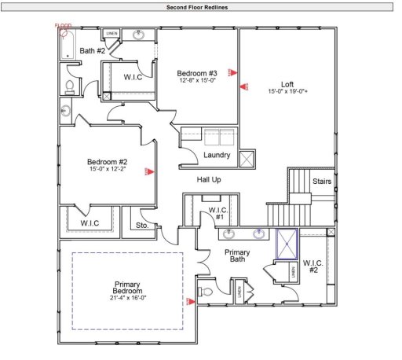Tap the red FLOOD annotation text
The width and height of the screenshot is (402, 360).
click(x=63, y=25)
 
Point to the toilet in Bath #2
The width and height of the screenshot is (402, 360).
click(x=69, y=86)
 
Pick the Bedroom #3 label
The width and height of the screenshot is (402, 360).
click(x=196, y=73)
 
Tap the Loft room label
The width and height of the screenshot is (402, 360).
click(x=288, y=83)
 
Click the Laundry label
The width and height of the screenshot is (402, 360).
click(x=217, y=155)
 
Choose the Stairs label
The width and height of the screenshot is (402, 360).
click(x=322, y=182)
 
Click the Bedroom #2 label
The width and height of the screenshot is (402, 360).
click(x=106, y=162)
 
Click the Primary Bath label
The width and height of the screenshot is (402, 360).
click(x=237, y=256)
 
